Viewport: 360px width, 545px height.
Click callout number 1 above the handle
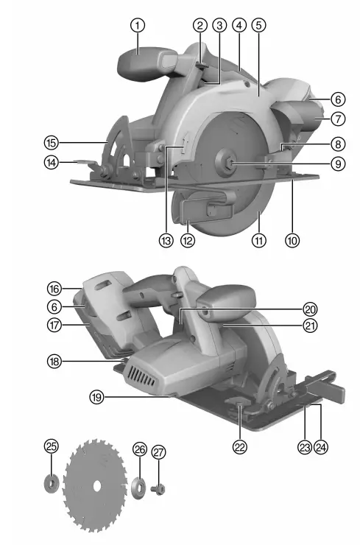point(137,24)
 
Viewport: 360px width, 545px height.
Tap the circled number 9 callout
point(338,163)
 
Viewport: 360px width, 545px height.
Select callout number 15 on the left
point(50,142)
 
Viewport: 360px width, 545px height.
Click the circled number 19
point(96,397)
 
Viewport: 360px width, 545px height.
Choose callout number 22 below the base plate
point(240,446)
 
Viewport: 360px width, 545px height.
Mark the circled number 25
point(50,446)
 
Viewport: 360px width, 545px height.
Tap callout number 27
point(159,453)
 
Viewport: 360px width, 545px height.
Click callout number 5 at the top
point(258,24)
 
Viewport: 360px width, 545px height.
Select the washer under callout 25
point(51,484)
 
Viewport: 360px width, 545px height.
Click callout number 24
point(321,446)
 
